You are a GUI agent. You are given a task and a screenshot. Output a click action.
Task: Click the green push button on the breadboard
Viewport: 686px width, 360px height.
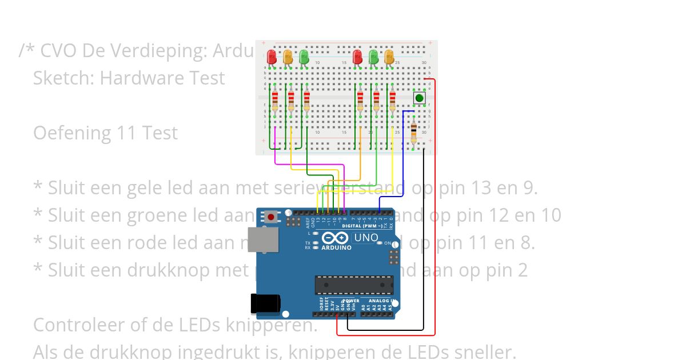click(x=420, y=98)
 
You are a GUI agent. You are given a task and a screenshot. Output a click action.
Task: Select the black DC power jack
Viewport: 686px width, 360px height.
click(x=265, y=304)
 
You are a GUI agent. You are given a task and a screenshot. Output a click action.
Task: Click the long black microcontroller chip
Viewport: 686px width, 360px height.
click(x=354, y=285)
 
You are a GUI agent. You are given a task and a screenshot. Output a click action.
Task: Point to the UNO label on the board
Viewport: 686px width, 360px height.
click(x=366, y=238)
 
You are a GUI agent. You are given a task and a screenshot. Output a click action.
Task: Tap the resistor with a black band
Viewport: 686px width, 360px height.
click(x=414, y=134)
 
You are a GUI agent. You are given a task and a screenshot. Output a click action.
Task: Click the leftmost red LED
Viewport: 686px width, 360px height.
click(x=272, y=57)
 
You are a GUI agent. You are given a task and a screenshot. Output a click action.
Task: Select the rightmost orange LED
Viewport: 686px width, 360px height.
click(x=389, y=57)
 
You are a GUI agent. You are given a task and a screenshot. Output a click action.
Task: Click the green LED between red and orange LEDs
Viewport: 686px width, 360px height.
click(x=373, y=57)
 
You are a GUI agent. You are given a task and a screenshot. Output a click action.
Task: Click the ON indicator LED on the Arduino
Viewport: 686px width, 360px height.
click(x=380, y=243)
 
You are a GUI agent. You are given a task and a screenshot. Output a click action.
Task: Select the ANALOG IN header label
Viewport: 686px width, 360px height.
click(x=380, y=301)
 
